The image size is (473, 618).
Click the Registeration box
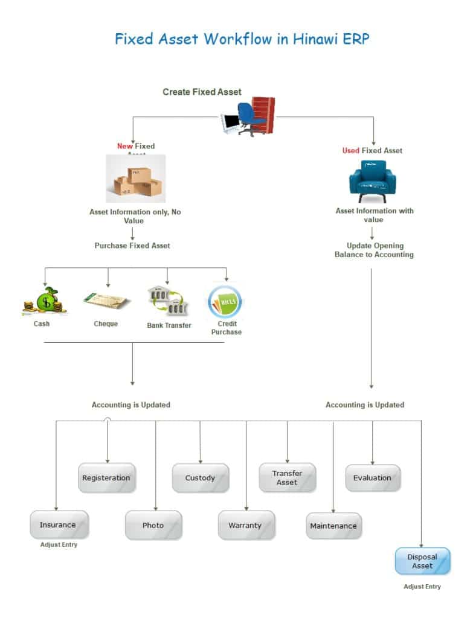(x=106, y=478)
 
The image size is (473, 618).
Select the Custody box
(x=201, y=478)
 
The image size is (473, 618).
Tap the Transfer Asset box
(x=287, y=478)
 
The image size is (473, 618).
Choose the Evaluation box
(x=372, y=478)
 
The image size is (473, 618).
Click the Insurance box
(x=59, y=525)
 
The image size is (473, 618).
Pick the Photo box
(x=153, y=525)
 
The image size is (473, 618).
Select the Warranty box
(x=246, y=525)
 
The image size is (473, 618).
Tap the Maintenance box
(x=333, y=526)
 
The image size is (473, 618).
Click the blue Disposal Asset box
(x=422, y=561)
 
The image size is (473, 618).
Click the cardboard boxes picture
(x=136, y=179)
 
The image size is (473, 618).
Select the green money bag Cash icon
(x=45, y=301)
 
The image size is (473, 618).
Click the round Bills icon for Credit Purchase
(x=225, y=301)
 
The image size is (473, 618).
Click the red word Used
(x=350, y=150)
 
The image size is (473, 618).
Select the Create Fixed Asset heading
(x=202, y=92)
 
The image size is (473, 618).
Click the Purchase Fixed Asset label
(x=132, y=246)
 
